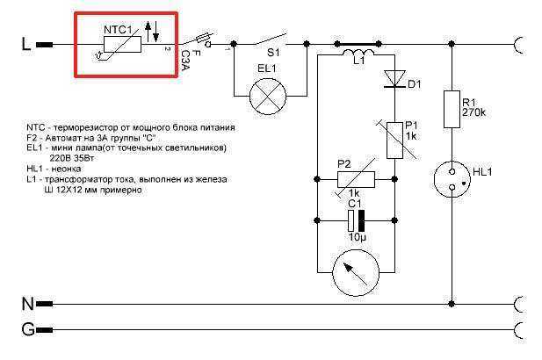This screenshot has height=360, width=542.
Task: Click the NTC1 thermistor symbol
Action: pos(122,44)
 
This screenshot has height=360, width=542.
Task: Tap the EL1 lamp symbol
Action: pos(268,96)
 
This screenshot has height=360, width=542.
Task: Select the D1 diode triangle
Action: pos(394,79)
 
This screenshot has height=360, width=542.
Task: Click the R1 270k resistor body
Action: pos(452,109)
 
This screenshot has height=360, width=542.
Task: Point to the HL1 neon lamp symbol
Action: pos(452,179)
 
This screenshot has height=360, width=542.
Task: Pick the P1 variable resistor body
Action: pos(394,140)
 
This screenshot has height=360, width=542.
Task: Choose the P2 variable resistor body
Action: pos(356,179)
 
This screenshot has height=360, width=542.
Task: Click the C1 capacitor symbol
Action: pos(356,220)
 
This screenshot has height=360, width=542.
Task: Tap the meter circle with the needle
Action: pos(356,272)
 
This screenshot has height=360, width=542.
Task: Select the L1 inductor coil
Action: pos(358,53)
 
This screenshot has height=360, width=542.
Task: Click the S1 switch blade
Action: pos(271,39)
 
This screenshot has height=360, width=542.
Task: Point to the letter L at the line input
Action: pos(26,44)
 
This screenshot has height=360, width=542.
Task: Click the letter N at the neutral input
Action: pos(28,304)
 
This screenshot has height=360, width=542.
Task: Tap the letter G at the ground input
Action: pos(28,329)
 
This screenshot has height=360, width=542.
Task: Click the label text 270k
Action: pos(473,112)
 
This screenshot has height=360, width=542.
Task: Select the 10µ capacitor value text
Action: pos(357,237)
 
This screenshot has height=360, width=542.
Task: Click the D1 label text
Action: pos(415,84)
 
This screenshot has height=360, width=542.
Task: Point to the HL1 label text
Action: pos(482,172)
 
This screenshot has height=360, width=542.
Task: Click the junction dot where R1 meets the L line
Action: pos(452,44)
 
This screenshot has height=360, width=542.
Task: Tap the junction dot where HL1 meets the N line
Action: pos(452,304)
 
